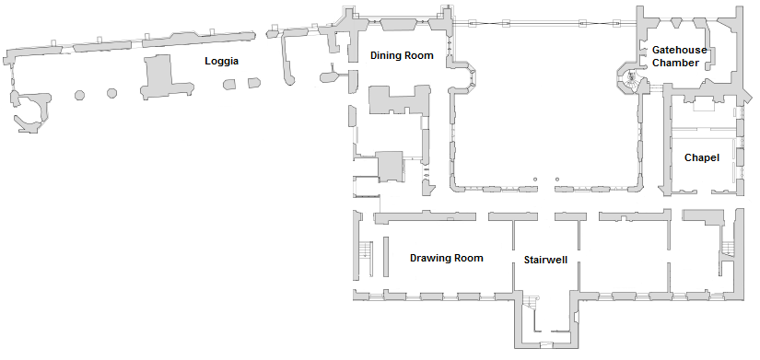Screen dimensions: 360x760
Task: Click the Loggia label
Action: (x=222, y=62)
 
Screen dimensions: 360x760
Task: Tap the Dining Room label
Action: (x=402, y=56)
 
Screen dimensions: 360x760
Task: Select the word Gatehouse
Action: (x=678, y=50)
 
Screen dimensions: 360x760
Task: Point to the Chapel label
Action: (x=701, y=158)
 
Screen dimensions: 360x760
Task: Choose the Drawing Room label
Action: (x=447, y=259)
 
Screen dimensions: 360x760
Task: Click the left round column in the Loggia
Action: (x=79, y=94)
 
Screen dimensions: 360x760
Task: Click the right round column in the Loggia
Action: (x=112, y=93)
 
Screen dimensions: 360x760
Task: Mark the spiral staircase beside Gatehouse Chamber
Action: (x=629, y=78)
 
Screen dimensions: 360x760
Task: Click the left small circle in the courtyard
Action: (x=534, y=180)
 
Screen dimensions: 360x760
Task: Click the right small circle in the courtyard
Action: (x=557, y=180)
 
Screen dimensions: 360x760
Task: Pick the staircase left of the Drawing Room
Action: (x=365, y=250)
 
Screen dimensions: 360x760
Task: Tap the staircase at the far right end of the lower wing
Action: (x=727, y=246)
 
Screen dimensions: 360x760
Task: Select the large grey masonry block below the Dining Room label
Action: (x=399, y=99)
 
